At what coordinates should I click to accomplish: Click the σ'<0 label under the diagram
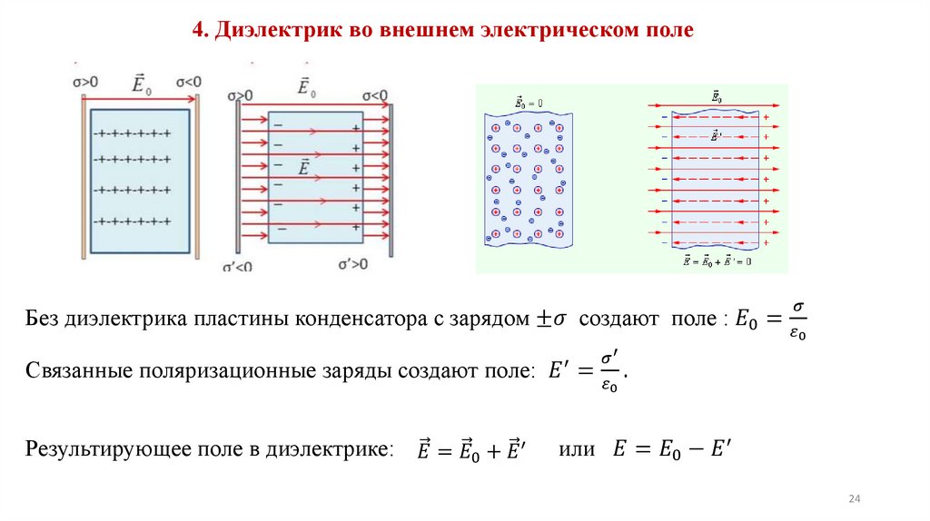[238, 267]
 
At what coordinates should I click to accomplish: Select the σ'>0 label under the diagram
[353, 264]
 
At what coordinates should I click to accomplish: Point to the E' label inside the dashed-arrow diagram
[716, 136]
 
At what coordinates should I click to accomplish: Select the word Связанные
[74, 371]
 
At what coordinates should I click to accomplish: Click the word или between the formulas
[576, 448]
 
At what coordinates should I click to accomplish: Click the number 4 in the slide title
[198, 31]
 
